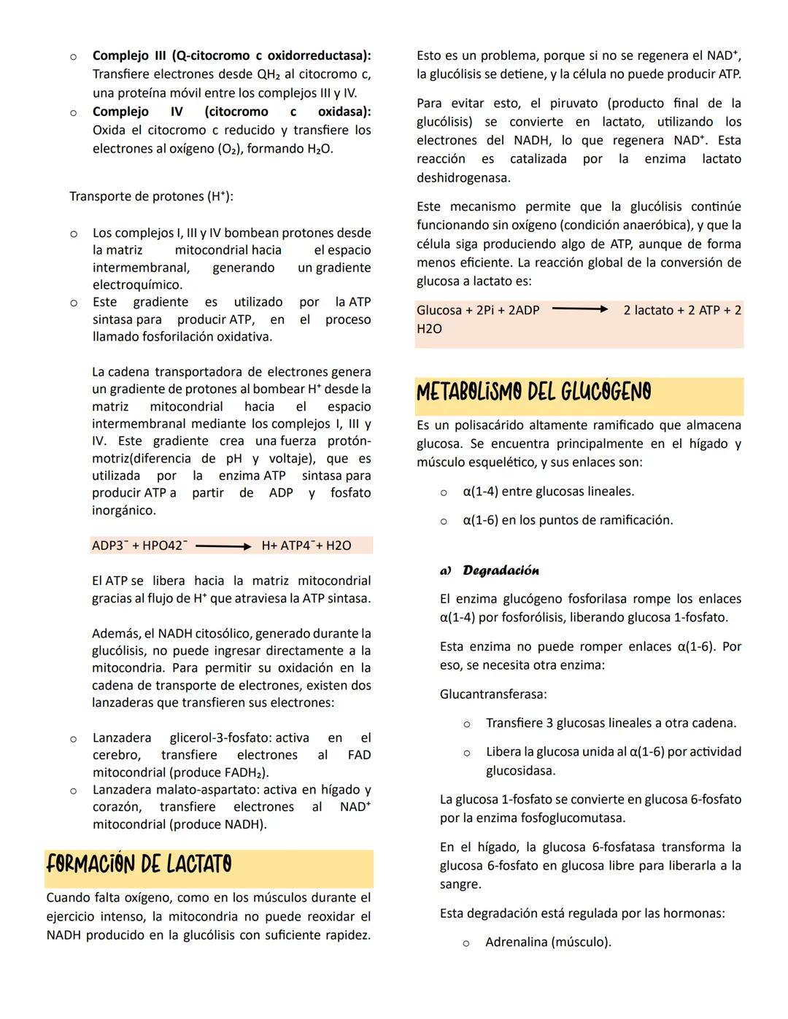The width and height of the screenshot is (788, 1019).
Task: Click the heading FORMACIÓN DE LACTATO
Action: click(x=139, y=865)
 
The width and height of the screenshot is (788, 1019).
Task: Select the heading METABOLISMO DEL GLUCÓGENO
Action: click(x=533, y=392)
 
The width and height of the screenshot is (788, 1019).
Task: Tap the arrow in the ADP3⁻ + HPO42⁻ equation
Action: click(x=223, y=546)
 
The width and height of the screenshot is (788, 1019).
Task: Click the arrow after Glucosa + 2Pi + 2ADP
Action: click(x=580, y=310)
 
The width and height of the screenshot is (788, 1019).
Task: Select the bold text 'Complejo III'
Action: click(x=125, y=56)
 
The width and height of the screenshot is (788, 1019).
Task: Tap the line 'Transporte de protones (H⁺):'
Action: click(x=151, y=196)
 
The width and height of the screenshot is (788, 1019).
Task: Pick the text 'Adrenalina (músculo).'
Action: click(x=548, y=942)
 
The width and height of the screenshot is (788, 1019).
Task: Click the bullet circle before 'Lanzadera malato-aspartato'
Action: click(x=73, y=791)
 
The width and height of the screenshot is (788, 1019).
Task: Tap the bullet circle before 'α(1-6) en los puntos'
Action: click(x=443, y=521)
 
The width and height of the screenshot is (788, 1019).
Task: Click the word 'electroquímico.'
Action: click(x=137, y=285)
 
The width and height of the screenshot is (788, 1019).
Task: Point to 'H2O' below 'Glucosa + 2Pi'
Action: click(x=429, y=329)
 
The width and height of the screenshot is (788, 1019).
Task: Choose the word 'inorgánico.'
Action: click(x=124, y=511)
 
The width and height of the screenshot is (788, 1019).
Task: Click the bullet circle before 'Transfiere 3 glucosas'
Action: click(x=466, y=724)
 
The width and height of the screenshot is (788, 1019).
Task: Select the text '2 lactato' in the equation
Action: click(x=649, y=310)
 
